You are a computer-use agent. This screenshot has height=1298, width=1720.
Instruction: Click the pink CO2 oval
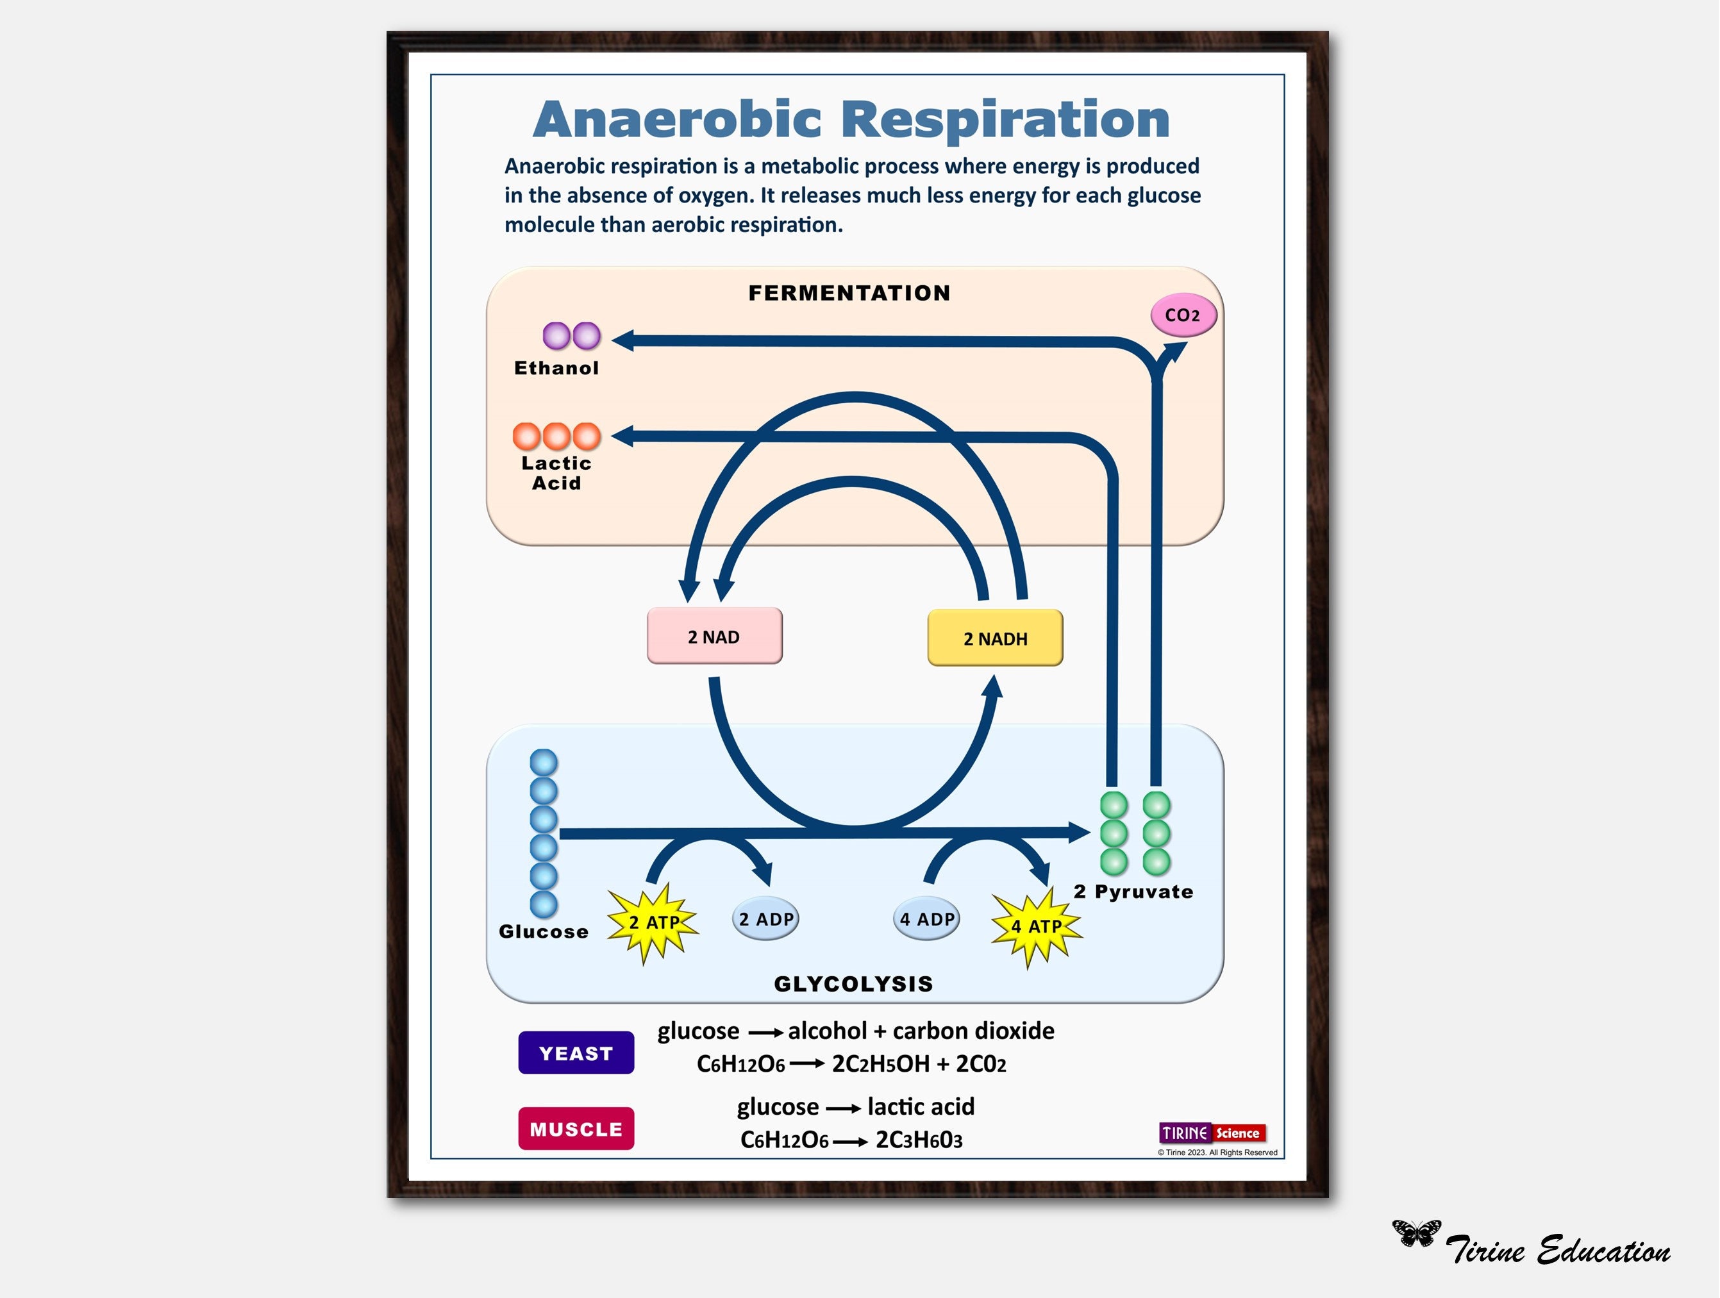(x=1183, y=315)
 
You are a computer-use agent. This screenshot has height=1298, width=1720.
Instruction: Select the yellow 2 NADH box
(x=994, y=638)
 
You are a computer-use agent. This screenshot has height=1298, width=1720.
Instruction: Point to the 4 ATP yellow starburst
(x=1036, y=926)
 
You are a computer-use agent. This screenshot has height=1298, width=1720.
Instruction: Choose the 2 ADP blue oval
(x=765, y=919)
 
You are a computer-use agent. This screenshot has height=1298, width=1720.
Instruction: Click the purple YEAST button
(x=576, y=1053)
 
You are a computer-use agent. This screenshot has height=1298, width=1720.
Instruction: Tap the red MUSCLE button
(x=576, y=1129)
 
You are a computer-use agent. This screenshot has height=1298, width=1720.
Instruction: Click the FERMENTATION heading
(x=849, y=293)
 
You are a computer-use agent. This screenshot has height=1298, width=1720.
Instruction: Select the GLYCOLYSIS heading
(x=853, y=984)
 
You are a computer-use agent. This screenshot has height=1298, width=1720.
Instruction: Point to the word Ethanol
(x=556, y=369)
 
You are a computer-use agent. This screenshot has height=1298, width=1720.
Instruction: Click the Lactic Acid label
(x=556, y=473)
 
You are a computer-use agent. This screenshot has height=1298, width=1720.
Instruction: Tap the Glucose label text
(x=543, y=932)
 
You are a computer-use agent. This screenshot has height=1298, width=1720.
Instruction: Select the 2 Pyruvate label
(x=1133, y=892)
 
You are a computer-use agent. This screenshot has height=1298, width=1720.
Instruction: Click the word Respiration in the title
(x=1005, y=120)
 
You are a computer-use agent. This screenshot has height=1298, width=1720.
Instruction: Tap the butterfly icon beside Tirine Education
(x=1415, y=1233)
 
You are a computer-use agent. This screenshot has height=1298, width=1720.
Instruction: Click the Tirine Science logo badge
(x=1212, y=1133)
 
